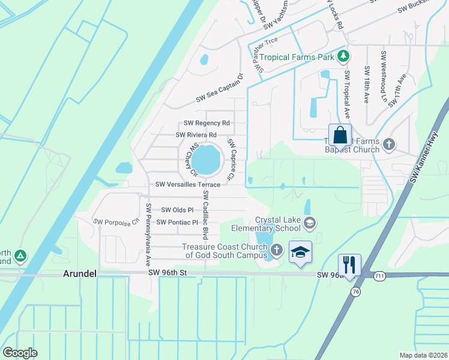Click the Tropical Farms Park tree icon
click(x=343, y=57)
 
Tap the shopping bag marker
click(x=340, y=134)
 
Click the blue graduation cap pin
click(x=300, y=251)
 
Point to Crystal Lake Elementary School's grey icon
click(x=310, y=224)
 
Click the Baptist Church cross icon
click(x=389, y=145)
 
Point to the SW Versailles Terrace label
click(x=188, y=185)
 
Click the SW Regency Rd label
click(x=206, y=123)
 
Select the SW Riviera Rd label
click(x=196, y=135)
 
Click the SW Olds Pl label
click(x=177, y=210)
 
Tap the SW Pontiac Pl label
click(x=177, y=223)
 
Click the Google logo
click(x=20, y=352)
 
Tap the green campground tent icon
click(x=20, y=257)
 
